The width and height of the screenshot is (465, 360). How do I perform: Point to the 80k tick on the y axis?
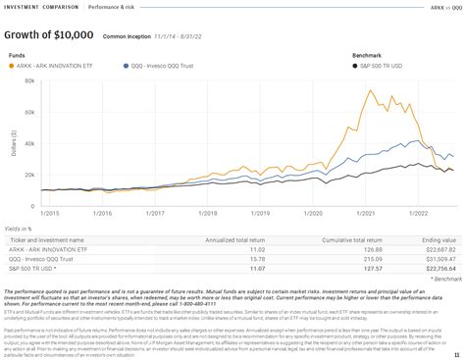click(28, 82)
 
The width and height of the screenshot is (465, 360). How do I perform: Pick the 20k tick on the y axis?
click(28, 175)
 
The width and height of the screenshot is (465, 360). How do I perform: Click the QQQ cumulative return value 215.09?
click(370, 257)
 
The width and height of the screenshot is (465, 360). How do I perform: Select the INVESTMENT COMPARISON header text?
click(37, 7)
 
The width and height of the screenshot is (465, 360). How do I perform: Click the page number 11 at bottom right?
click(456, 353)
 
